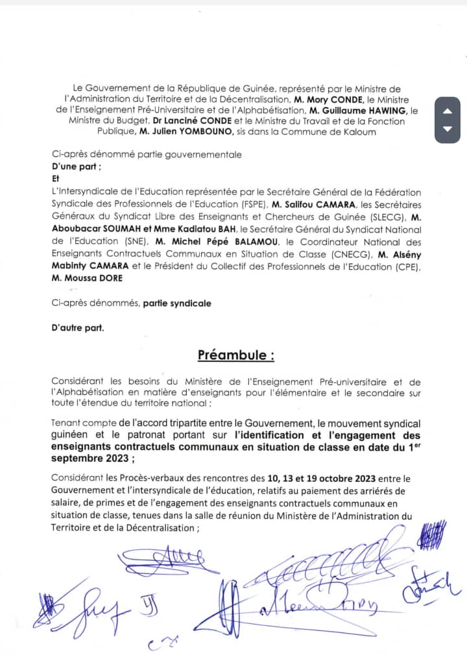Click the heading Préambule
[236, 355]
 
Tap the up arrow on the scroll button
[447, 111]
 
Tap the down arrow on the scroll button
[447, 128]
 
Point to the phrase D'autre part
[77, 327]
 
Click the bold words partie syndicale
[176, 303]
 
